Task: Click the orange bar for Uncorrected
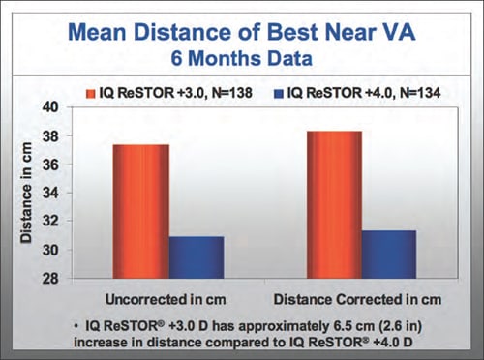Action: coord(141,211)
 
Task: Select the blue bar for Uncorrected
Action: coord(197,257)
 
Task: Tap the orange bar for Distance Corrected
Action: coord(334,205)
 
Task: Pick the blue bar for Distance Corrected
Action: coord(389,255)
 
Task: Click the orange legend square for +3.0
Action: coord(91,94)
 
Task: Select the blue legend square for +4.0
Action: coord(279,94)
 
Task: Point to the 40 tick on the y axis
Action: coord(50,107)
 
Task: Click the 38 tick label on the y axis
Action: coord(50,136)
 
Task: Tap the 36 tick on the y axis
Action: coord(50,165)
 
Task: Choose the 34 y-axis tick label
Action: coord(50,194)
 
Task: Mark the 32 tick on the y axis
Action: coord(50,222)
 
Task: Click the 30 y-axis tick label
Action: coord(50,250)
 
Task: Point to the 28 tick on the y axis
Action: coord(50,279)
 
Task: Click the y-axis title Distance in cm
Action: coord(26,193)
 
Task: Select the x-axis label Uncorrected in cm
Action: coord(166,300)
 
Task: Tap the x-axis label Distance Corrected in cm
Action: coord(357,300)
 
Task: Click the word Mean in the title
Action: coord(97,32)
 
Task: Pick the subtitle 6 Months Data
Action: coord(242,58)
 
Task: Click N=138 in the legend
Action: coord(231,93)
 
